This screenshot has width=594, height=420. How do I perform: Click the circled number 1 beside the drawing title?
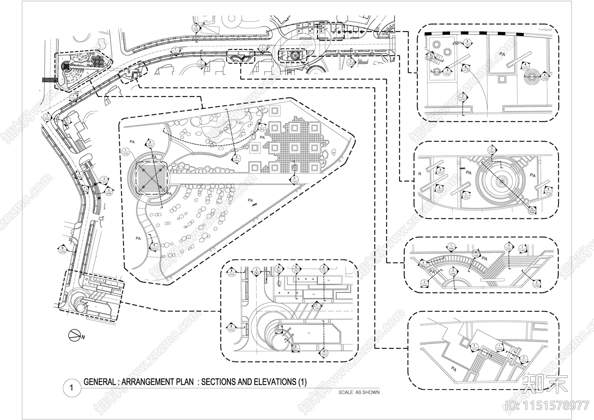pos(71,388)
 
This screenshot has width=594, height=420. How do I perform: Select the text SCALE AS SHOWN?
pos(359,392)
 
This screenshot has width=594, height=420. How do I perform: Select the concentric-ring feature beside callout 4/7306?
pos(532,77)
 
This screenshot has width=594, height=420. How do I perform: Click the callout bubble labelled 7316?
pos(125,152)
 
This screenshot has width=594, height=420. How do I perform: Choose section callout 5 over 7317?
pos(150,144)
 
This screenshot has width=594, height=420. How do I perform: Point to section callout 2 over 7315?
pos(236,159)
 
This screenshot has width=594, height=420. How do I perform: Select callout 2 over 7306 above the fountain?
pos(492,150)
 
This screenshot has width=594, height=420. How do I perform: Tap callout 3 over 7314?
pos(474,347)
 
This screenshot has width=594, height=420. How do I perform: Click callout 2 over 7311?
pos(296,348)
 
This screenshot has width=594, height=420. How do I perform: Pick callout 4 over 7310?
pos(548,191)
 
